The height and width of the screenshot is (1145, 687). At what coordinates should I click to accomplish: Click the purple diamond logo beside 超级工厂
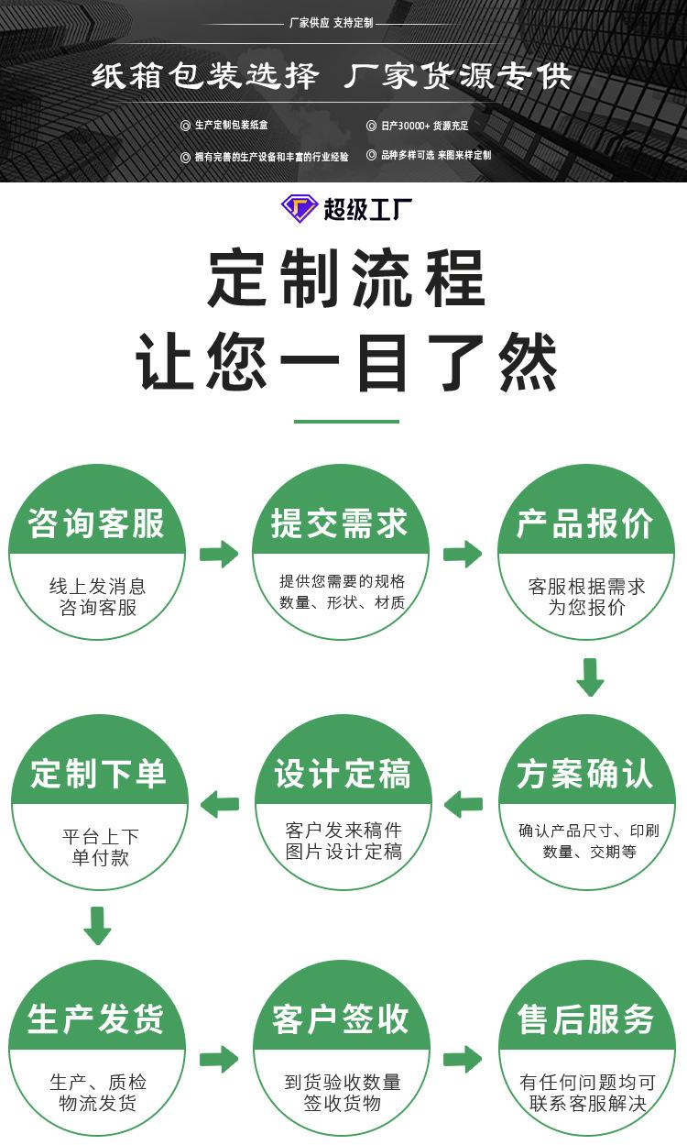click(x=299, y=208)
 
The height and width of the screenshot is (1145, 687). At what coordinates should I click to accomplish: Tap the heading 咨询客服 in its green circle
click(x=97, y=524)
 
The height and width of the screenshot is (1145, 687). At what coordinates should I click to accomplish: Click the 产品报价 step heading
click(x=585, y=524)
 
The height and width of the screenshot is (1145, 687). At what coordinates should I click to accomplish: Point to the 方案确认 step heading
click(x=585, y=774)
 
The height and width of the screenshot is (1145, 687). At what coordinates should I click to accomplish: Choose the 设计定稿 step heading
click(x=342, y=774)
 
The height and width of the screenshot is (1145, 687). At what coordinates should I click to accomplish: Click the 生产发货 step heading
click(x=96, y=1019)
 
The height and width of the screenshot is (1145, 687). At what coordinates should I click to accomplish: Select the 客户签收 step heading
click(x=341, y=1019)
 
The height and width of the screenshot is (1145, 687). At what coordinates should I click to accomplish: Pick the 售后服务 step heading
click(x=586, y=1019)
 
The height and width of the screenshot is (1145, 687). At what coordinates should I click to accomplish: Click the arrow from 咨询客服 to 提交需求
click(x=219, y=554)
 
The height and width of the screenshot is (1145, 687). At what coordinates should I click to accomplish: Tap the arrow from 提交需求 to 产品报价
click(x=463, y=554)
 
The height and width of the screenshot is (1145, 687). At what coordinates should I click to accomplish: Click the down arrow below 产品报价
click(x=590, y=677)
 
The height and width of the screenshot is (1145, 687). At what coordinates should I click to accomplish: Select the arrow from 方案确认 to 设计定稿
click(x=463, y=804)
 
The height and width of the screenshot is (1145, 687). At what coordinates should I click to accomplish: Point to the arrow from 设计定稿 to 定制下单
click(x=220, y=804)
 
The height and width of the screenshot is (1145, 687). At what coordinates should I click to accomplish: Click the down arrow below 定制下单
click(x=97, y=925)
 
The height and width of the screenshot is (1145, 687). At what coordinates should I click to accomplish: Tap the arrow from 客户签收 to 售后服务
click(x=463, y=1059)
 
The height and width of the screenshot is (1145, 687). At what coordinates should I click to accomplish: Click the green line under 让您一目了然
click(x=346, y=422)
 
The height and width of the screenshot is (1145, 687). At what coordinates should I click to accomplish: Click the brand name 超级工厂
click(x=367, y=209)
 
